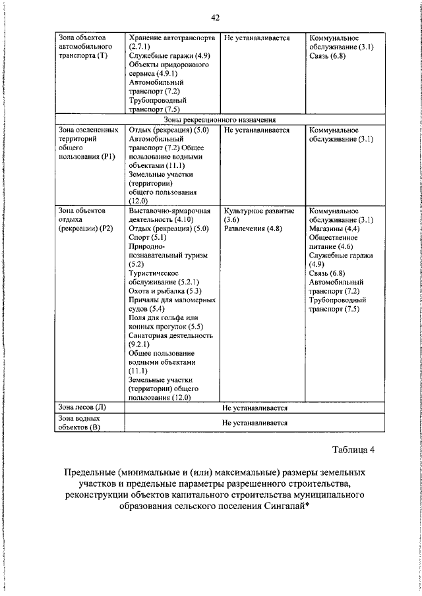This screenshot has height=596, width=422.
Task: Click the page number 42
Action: [x=216, y=17]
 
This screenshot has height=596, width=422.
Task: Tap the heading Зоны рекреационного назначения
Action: [x=220, y=120]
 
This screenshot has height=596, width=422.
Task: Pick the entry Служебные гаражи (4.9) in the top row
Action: [x=169, y=57]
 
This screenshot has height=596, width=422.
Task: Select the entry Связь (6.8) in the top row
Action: [x=326, y=57]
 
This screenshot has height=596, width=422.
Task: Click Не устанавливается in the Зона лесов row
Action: [x=255, y=408]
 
